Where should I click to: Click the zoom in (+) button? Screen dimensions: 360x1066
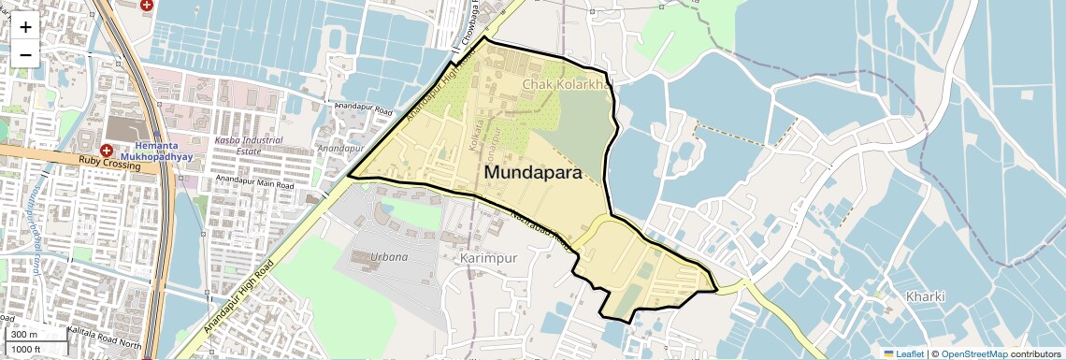coord(25,27)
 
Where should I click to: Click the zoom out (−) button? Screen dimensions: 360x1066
coord(25,54)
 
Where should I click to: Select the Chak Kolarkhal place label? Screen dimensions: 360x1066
coord(567,84)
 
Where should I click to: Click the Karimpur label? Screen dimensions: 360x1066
coord(489,256)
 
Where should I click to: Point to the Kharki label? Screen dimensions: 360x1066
coord(926,297)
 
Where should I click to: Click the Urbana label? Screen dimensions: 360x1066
coord(389,256)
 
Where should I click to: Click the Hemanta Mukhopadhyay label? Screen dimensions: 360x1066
coord(164,152)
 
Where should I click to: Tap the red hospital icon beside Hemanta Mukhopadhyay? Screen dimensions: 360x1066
coord(106,151)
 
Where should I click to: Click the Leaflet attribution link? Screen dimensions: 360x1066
coord(902,353)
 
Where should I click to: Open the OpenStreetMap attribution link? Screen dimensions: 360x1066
coord(973,353)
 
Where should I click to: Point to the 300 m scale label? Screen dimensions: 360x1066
coord(24,335)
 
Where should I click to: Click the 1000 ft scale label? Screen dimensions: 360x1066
coord(27,349)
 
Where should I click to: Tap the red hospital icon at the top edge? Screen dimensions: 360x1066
coord(146,4)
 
